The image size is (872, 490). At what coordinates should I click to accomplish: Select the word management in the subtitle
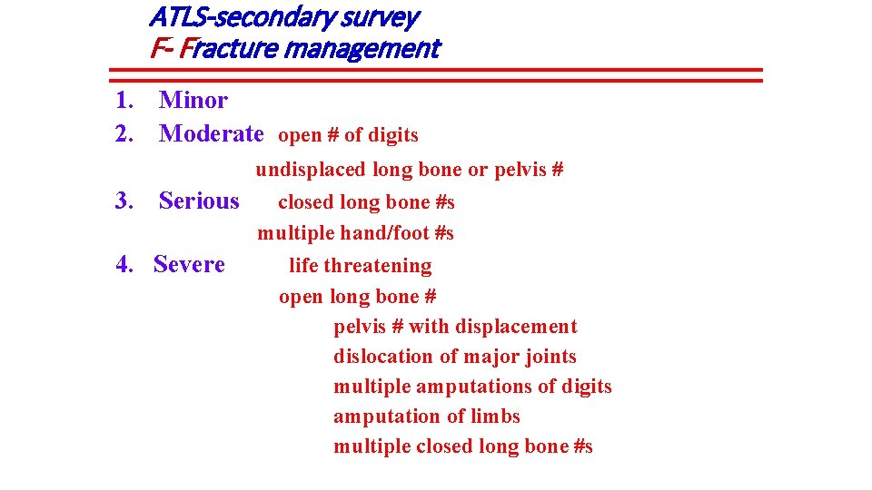point(362,48)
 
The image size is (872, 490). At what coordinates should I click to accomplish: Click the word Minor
point(193,100)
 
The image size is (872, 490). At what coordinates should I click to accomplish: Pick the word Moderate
point(211,133)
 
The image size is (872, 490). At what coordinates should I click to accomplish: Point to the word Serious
point(199,201)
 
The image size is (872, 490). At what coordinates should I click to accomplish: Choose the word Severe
point(189,264)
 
